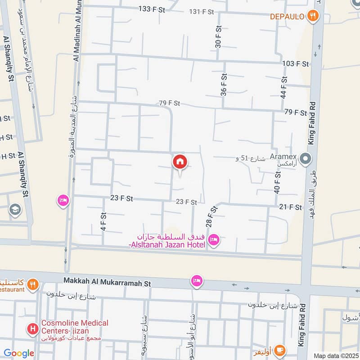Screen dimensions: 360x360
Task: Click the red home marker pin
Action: tap(180, 162)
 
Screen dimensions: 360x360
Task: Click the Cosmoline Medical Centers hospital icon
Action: tap(32, 329)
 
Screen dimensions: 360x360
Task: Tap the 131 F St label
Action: tap(202, 12)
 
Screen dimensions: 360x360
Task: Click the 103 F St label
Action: tap(296, 64)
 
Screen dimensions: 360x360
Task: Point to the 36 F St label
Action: tap(223, 85)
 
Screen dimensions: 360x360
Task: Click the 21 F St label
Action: tap(290, 207)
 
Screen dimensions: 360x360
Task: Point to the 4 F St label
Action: tap(103, 222)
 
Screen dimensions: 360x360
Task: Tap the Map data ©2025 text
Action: tap(336, 355)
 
